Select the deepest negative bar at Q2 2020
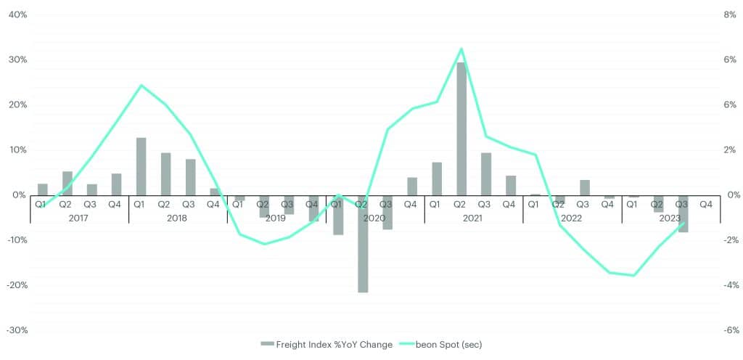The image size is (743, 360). pyautogui.click(x=363, y=244)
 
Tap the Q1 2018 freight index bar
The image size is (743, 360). pyautogui.click(x=141, y=166)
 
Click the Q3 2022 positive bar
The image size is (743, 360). pyautogui.click(x=585, y=187)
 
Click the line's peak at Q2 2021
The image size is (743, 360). pyautogui.click(x=461, y=49)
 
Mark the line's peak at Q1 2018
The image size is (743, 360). pyautogui.click(x=141, y=85)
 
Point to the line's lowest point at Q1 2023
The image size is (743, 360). pyautogui.click(x=634, y=276)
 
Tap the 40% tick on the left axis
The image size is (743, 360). pyautogui.click(x=17, y=15)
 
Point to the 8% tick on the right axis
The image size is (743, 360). pyautogui.click(x=731, y=15)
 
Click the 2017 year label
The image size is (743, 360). pyautogui.click(x=79, y=217)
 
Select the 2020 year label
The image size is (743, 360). pyautogui.click(x=375, y=217)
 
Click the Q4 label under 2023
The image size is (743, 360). pyautogui.click(x=705, y=205)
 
